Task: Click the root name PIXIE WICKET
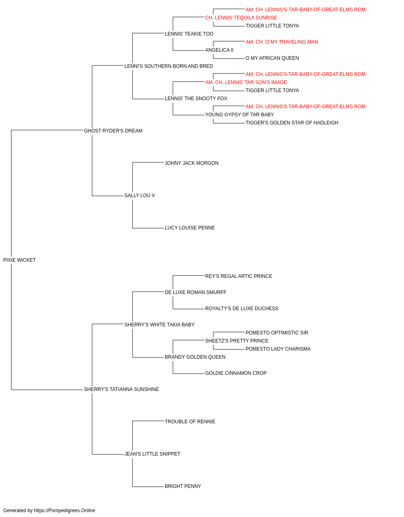pos(19,260)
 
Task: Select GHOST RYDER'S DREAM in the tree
pos(113,131)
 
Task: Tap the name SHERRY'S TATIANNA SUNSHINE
pos(121,389)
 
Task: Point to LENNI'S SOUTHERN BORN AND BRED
pos(168,66)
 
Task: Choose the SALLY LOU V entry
pos(140,195)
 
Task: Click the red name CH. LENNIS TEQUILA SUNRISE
pos(241,18)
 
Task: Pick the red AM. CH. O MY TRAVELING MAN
pos(282,42)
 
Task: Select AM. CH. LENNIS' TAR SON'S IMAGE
pos(246,82)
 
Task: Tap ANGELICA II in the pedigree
pos(219,50)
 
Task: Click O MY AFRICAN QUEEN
pos(272,58)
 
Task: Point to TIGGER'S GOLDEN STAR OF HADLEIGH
pos(292,123)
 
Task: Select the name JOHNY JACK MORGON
pos(191,163)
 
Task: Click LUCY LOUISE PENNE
pos(189,228)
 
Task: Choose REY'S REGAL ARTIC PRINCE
pos(239,276)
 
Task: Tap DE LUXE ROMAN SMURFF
pos(196,292)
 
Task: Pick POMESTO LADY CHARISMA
pos(278,349)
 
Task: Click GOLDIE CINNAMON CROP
pos(236,373)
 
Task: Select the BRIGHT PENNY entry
pos(183,486)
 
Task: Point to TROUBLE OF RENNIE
pos(190,422)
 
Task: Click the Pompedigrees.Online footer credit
pos(49,511)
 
